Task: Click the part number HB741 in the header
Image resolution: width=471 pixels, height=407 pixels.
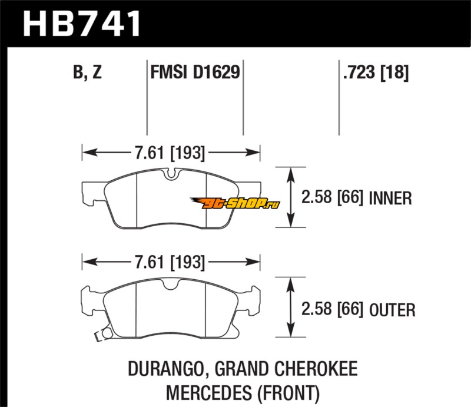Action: point(82,24)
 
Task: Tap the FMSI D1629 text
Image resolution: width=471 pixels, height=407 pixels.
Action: point(195,73)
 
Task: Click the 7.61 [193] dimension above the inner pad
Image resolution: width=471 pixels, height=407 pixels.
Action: point(171,154)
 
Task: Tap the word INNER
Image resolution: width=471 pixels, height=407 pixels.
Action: point(390,198)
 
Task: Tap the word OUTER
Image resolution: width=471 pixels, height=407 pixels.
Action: point(393,309)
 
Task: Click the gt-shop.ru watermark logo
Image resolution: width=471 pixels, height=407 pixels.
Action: point(240,203)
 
